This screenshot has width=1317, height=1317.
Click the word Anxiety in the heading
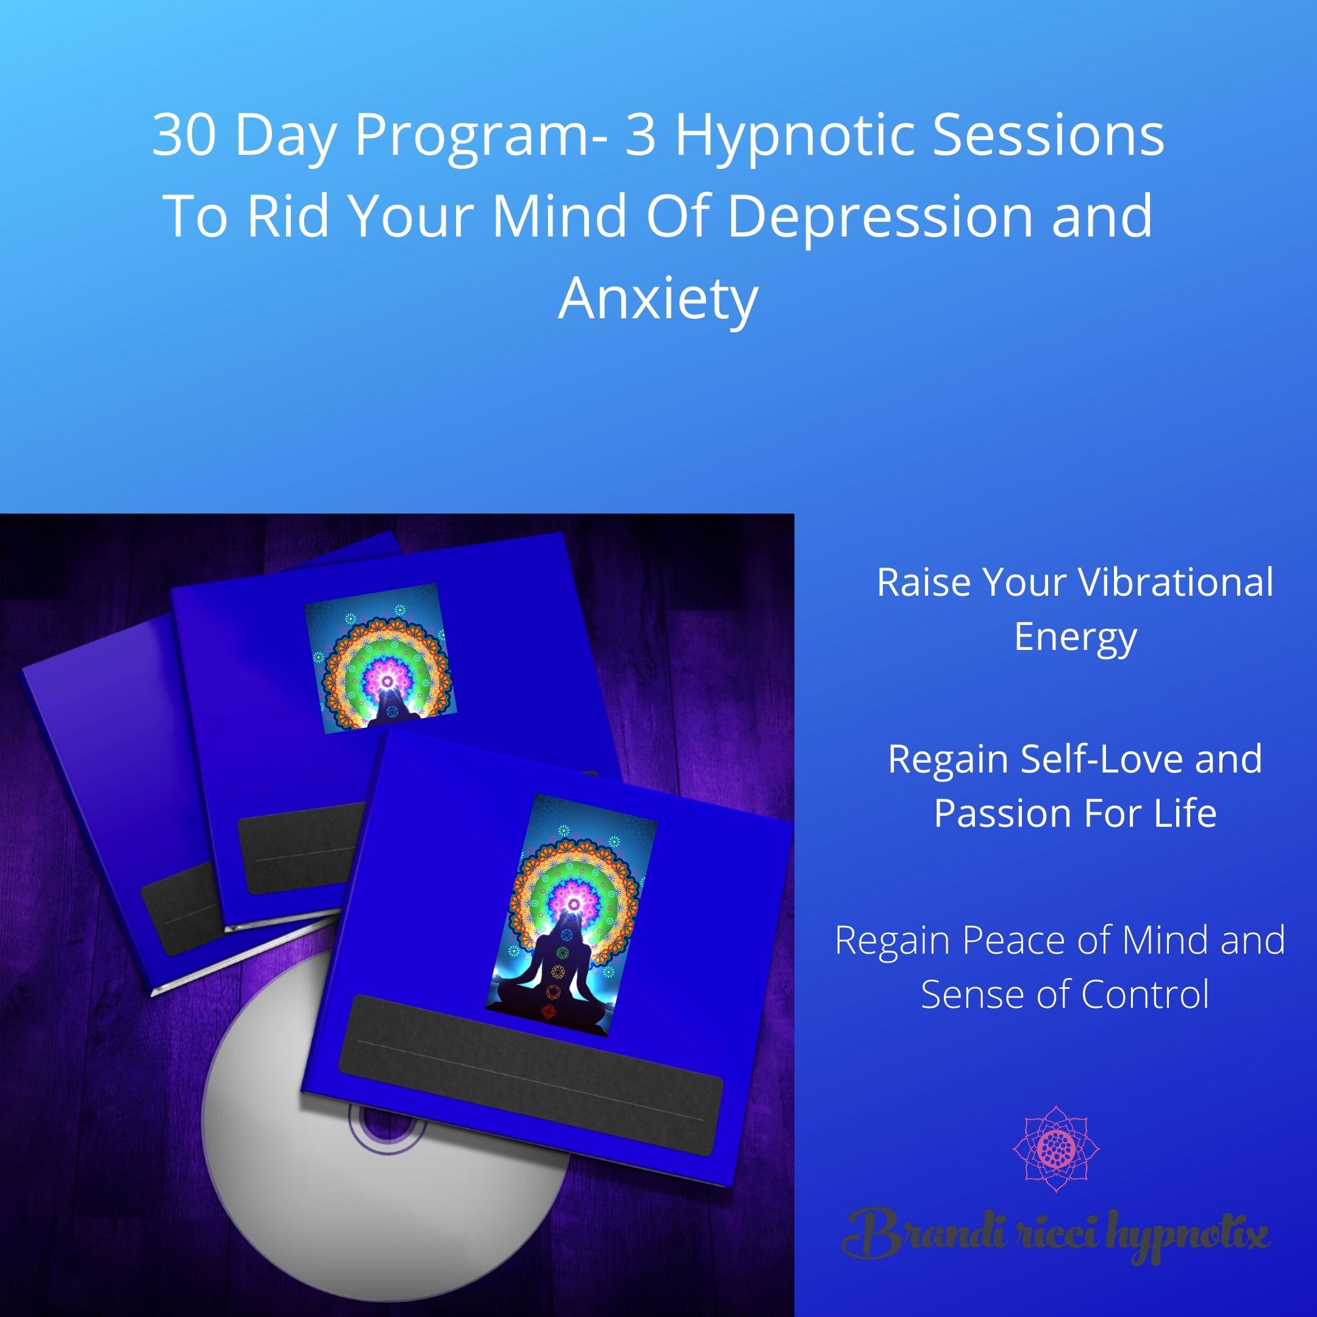coord(658,300)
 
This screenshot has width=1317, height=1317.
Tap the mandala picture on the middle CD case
coord(380,659)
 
